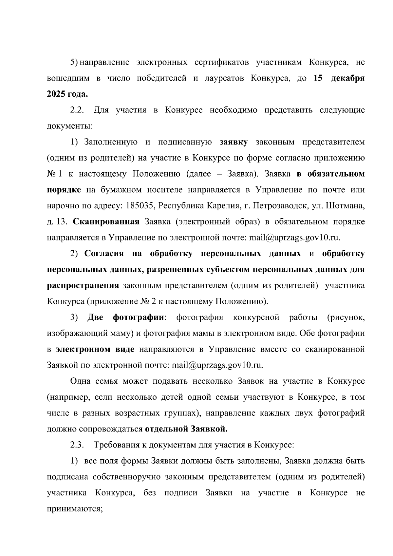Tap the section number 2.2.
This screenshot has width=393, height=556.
pos(78,110)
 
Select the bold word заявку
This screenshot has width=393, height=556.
pos(234,142)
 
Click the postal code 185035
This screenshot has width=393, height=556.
pos(136,206)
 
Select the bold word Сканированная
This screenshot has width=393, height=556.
pos(106,222)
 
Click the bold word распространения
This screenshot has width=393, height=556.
pos(83,286)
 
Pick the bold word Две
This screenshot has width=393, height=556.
pos(95,317)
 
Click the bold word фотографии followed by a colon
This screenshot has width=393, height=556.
pos(138,317)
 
